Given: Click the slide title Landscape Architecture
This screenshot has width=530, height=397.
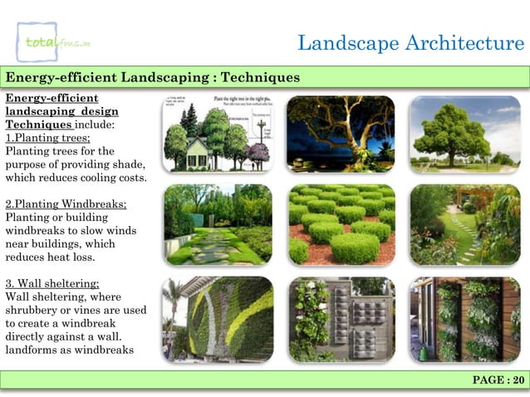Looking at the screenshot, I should tap(410, 42).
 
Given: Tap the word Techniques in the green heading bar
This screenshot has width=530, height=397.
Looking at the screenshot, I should tap(262, 78).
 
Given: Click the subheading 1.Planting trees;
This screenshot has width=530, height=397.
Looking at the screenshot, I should tap(48, 138).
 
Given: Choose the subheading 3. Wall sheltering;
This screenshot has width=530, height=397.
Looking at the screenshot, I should tap(52, 283).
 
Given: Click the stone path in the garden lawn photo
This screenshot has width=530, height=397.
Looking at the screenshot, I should tap(209, 242).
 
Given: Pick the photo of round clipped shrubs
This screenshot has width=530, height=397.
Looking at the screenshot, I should tap(341, 224).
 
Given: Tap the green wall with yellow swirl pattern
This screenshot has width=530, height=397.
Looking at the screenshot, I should tap(218, 319).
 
